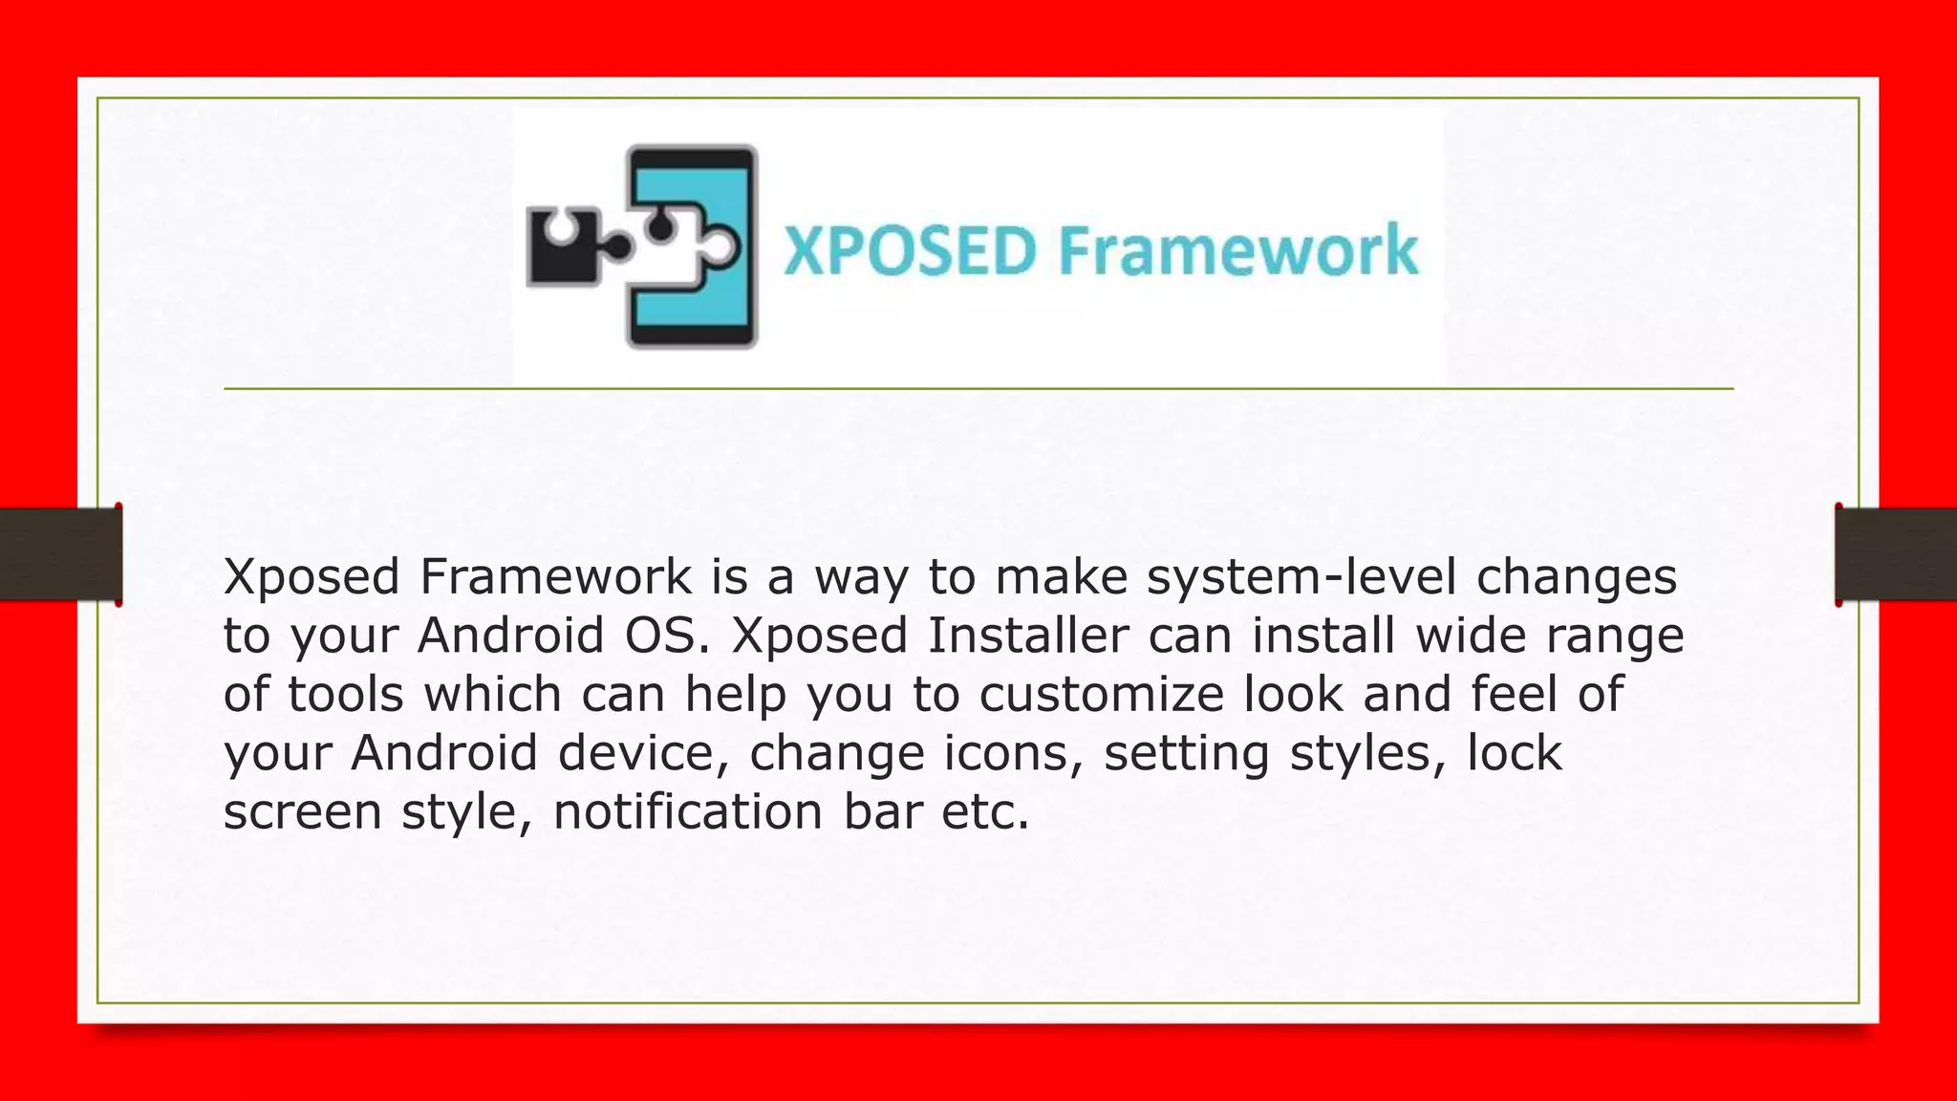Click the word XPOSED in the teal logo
[910, 250]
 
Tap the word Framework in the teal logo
[1238, 250]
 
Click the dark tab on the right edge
[1896, 554]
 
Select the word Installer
[1028, 637]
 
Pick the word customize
[1101, 695]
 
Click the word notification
[687, 812]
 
